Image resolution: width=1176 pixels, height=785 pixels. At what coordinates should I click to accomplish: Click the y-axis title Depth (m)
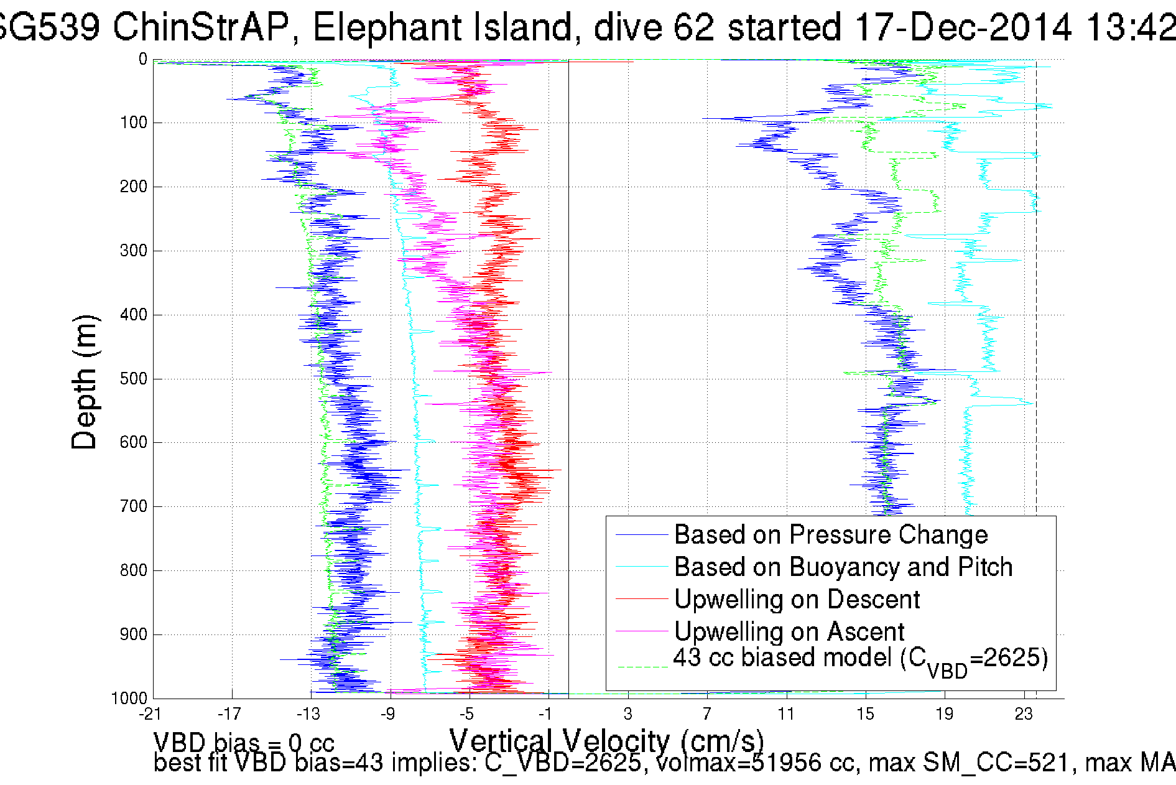tap(85, 382)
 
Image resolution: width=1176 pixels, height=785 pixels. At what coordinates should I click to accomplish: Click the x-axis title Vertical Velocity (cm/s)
tap(606, 741)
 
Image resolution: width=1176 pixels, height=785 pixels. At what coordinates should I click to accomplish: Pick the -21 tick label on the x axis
tap(150, 713)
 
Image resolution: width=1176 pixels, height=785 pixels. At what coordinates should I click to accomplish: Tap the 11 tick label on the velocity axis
tap(786, 713)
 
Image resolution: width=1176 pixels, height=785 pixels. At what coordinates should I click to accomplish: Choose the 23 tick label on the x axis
tap(1024, 713)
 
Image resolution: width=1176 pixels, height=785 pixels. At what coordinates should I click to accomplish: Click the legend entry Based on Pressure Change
tap(831, 535)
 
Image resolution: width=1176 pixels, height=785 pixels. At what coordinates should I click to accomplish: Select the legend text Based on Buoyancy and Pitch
tap(843, 567)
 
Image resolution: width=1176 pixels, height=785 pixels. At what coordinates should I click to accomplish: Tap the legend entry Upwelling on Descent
tap(797, 600)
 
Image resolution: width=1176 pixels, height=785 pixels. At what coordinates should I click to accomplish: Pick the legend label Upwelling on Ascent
tap(789, 632)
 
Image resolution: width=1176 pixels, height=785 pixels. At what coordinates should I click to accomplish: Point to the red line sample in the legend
tap(641, 599)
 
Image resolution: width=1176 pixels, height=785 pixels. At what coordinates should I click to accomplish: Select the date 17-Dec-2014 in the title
tap(963, 27)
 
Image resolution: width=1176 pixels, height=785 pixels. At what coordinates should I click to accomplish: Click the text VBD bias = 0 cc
tap(244, 743)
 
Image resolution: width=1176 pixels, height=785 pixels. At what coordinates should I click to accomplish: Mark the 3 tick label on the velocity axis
tap(628, 713)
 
